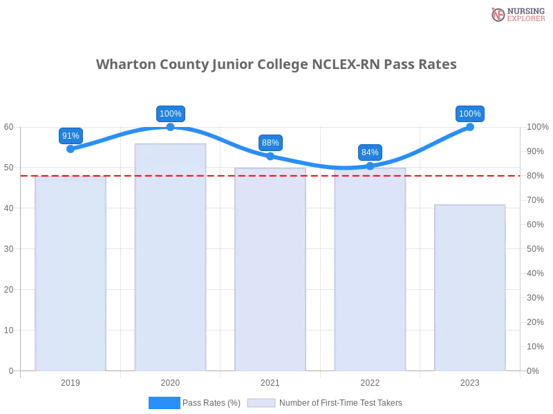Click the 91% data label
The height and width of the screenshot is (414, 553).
coord(71,136)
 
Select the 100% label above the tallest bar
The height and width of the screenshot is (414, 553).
coord(171,114)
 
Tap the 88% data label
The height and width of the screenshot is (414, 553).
coord(270,143)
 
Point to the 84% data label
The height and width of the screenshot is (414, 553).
coord(370,152)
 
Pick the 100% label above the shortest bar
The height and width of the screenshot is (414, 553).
coord(470,114)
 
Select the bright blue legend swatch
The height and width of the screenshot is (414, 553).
coord(165,402)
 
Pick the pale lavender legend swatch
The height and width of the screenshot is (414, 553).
coord(261,402)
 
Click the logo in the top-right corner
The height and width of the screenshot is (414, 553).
coord(516,14)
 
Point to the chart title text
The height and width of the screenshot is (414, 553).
coord(276,65)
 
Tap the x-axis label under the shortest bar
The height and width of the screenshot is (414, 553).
coord(470,381)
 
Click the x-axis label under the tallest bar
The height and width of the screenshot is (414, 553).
coord(171,381)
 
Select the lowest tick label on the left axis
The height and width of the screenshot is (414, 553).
coord(10,371)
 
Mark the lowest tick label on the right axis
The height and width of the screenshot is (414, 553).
coord(534,371)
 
